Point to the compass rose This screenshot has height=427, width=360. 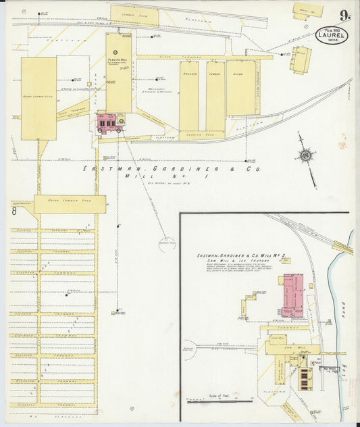306,156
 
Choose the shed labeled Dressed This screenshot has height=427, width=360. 188,95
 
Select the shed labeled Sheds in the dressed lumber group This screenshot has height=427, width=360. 240,88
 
